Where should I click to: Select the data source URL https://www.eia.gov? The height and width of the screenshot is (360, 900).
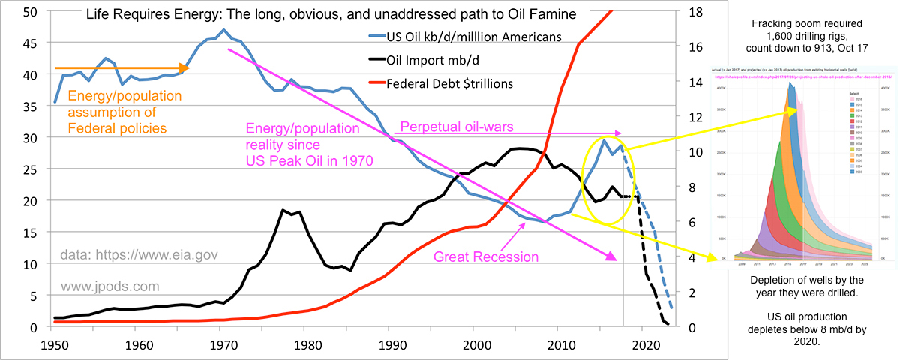[139, 255]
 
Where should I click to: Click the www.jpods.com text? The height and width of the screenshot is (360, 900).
[111, 286]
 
